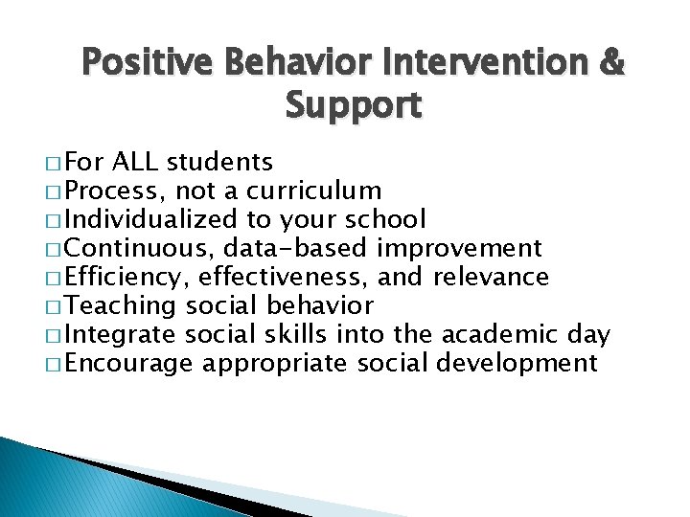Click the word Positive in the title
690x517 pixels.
(x=151, y=64)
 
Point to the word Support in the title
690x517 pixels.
(x=353, y=105)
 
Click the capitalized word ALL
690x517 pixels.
(x=138, y=163)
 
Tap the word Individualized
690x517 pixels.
(x=151, y=220)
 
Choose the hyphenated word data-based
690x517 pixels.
(x=296, y=249)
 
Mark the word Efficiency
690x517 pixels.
(x=126, y=278)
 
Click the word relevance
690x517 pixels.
(x=492, y=278)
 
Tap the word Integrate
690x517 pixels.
(x=123, y=335)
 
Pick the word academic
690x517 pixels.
(x=498, y=335)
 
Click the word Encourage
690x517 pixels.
(x=131, y=364)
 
